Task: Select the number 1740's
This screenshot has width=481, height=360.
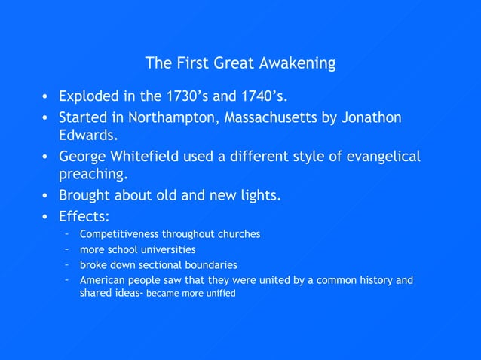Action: (x=260, y=97)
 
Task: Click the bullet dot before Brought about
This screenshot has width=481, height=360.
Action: (x=44, y=196)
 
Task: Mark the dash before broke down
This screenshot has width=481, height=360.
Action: (x=67, y=265)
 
